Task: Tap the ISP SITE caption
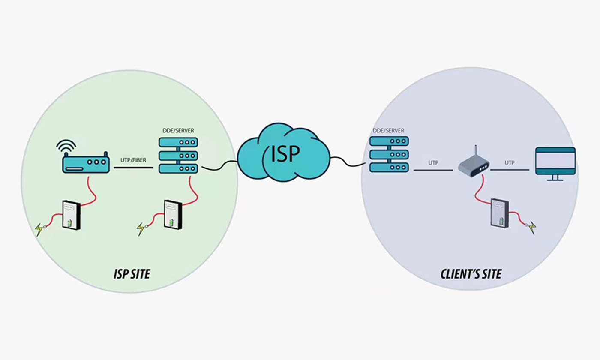[132, 274]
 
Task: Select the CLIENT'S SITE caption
[471, 274]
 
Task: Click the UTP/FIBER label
[133, 160]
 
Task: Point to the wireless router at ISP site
[86, 164]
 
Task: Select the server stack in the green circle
[178, 155]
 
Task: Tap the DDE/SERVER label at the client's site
[388, 130]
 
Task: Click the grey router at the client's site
[474, 165]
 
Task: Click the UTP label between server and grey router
[433, 163]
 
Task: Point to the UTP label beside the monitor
[510, 163]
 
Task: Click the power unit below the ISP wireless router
[72, 215]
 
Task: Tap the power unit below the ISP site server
[172, 215]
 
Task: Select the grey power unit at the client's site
[499, 213]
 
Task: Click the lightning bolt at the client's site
[533, 227]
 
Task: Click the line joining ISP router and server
[133, 168]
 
